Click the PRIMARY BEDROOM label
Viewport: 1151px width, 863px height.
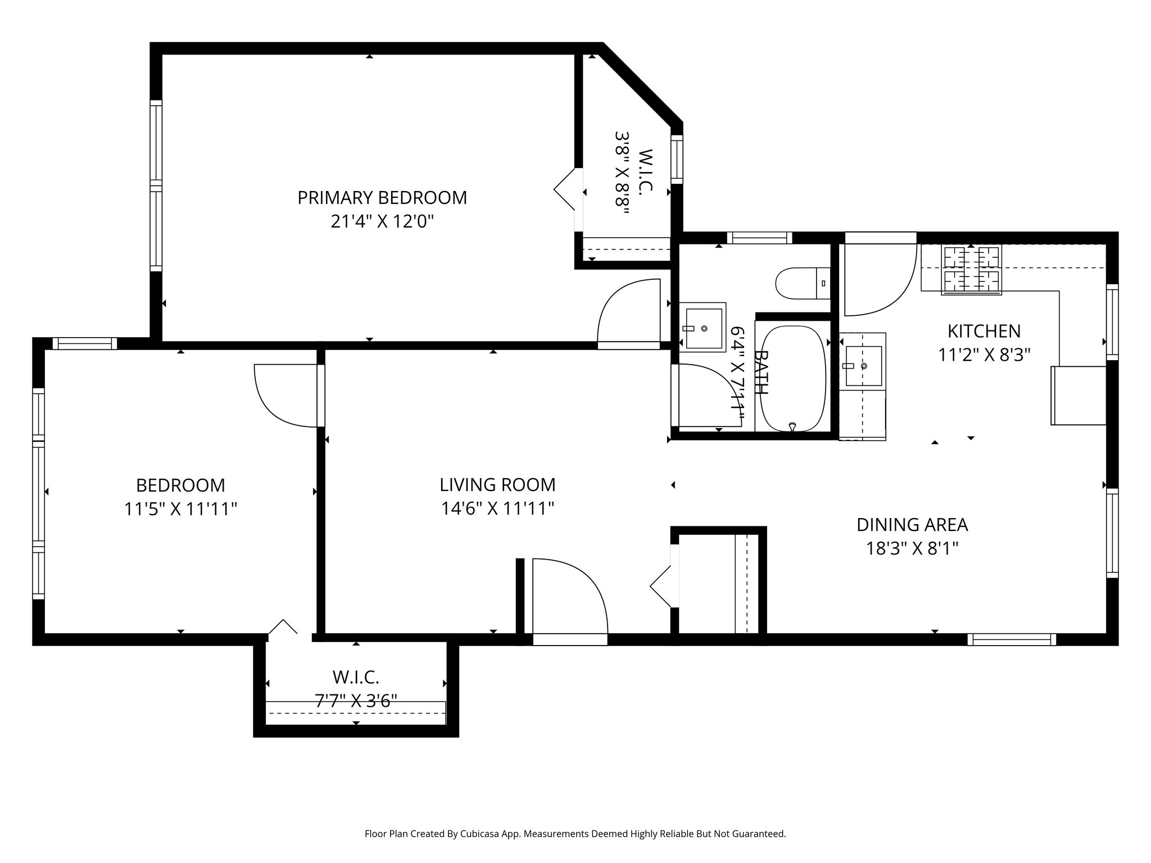(x=382, y=198)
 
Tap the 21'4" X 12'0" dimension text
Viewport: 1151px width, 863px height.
(x=382, y=222)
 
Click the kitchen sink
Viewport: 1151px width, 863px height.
(x=863, y=366)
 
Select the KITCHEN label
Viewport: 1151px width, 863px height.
(x=984, y=331)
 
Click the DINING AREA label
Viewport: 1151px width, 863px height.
(x=912, y=525)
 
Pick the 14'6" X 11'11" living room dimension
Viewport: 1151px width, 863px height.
(x=497, y=509)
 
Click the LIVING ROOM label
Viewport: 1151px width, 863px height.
(x=497, y=484)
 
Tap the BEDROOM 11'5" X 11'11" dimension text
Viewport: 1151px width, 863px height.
(x=180, y=510)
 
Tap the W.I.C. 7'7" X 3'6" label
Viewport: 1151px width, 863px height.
(x=356, y=689)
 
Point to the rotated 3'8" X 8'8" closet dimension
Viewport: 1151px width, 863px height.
(x=621, y=173)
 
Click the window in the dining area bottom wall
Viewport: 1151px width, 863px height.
(x=1012, y=639)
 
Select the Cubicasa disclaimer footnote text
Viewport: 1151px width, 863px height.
(x=575, y=834)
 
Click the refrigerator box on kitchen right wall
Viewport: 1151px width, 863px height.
(x=1078, y=396)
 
